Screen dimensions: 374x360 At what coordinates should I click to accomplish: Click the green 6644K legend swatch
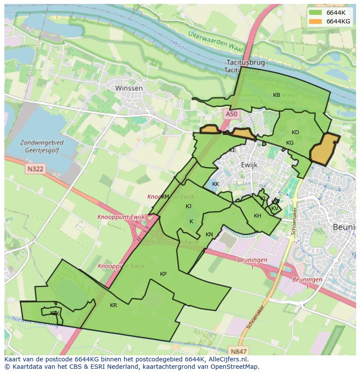[315, 13]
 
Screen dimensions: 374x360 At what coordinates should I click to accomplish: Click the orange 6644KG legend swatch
[315, 21]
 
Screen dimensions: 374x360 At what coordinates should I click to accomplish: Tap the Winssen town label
[129, 88]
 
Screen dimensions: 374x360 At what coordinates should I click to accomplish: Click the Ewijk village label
[249, 165]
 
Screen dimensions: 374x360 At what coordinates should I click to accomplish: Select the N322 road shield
[34, 169]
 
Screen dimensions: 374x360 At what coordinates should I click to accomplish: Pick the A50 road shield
[232, 114]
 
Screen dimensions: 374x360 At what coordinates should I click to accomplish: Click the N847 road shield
[239, 351]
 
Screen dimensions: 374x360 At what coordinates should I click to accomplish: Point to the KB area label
[277, 95]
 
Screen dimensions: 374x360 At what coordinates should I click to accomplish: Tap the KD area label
[295, 132]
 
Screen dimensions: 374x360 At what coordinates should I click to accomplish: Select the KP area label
[163, 274]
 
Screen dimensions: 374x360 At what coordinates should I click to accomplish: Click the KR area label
[113, 305]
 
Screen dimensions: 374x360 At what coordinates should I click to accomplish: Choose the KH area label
[257, 216]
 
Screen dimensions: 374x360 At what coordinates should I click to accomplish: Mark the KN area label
[209, 235]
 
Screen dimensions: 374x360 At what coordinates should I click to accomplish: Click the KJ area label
[188, 206]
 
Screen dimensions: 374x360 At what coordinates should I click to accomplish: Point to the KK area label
[216, 184]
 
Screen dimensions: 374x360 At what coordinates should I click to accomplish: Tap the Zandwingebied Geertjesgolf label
[42, 146]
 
